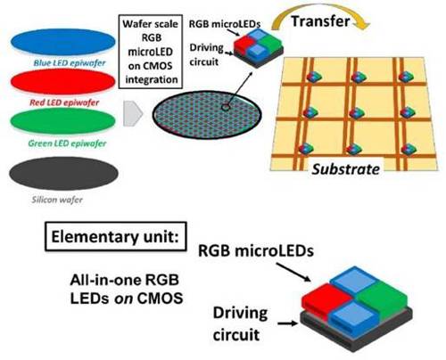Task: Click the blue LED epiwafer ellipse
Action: pyautogui.click(x=63, y=42)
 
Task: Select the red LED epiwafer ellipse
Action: pyautogui.click(x=62, y=81)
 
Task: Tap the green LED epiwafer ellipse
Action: pyautogui.click(x=62, y=121)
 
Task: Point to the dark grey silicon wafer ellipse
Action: pyautogui.click(x=63, y=173)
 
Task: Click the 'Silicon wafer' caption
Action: pyautogui.click(x=57, y=200)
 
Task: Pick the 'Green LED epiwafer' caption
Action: pyautogui.click(x=67, y=143)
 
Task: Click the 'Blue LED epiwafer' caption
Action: pyautogui.click(x=70, y=63)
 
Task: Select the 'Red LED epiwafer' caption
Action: pyautogui.click(x=64, y=102)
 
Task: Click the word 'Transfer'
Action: pyautogui.click(x=320, y=21)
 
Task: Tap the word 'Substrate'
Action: pyautogui.click(x=346, y=169)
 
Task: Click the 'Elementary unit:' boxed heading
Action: pyautogui.click(x=116, y=237)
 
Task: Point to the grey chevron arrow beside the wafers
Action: pyautogui.click(x=133, y=113)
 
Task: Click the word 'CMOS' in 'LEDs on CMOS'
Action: pyautogui.click(x=160, y=299)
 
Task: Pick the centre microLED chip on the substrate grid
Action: pyautogui.click(x=356, y=113)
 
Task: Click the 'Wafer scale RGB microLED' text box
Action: pyautogui.click(x=151, y=52)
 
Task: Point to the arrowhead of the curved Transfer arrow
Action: pyautogui.click(x=363, y=26)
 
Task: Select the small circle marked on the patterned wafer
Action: pyautogui.click(x=226, y=107)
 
